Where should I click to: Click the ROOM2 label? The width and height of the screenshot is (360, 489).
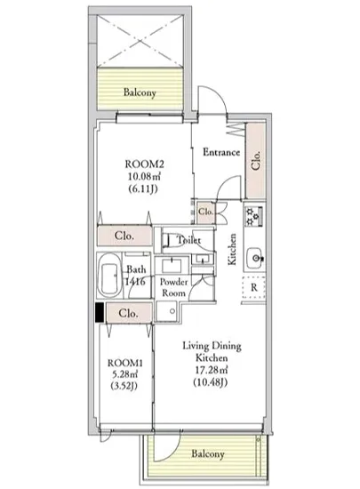pyautogui.click(x=144, y=164)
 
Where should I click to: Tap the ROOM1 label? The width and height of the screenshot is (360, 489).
pyautogui.click(x=125, y=363)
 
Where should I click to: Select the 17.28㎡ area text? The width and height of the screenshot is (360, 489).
pyautogui.click(x=212, y=370)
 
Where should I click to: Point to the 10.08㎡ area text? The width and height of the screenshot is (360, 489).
pyautogui.click(x=144, y=177)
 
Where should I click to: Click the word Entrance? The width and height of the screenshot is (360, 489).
pyautogui.click(x=221, y=152)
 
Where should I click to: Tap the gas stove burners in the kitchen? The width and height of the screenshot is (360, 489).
pyautogui.click(x=253, y=216)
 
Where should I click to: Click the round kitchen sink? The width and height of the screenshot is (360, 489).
pyautogui.click(x=255, y=258)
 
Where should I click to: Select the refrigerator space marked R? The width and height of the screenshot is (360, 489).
pyautogui.click(x=254, y=287)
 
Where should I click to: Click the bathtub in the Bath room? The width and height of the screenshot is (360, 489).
pyautogui.click(x=109, y=274)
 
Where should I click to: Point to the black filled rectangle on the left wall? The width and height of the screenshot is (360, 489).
pyautogui.click(x=100, y=312)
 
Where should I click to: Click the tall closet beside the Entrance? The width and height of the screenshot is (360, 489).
pyautogui.click(x=255, y=160)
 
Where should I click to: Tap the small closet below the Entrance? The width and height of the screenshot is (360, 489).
pyautogui.click(x=205, y=212)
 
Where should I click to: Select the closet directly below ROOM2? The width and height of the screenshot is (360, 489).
pyautogui.click(x=124, y=236)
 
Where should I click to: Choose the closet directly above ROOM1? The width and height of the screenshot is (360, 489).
pyautogui.click(x=129, y=313)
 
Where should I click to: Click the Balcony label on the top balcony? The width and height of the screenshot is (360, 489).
pyautogui.click(x=140, y=92)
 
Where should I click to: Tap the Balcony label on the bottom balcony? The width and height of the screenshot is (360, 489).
pyautogui.click(x=208, y=453)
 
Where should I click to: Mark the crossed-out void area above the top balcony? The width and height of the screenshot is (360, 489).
pyautogui.click(x=140, y=41)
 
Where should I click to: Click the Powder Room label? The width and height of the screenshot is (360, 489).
pyautogui.click(x=174, y=287)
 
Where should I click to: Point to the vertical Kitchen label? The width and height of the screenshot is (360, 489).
pyautogui.click(x=232, y=249)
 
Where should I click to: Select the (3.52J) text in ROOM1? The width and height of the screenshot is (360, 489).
pyautogui.click(x=124, y=386)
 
